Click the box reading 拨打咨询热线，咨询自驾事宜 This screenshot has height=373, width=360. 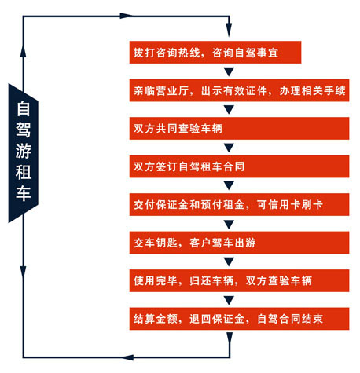coord(215,53)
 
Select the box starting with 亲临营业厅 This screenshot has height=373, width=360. coord(239,90)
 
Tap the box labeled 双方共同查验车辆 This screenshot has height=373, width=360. coord(239,128)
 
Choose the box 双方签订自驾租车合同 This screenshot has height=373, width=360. coord(239,166)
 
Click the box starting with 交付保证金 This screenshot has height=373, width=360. coord(239,204)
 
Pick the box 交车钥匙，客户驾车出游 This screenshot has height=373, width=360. coord(239,243)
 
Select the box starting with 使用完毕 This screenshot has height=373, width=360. coord(239,280)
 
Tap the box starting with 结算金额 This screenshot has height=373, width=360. coord(239,319)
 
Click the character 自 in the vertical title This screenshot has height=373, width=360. coord(24,108)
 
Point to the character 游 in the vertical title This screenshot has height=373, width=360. coord(24,151)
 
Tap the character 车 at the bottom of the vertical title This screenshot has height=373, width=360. coord(24,194)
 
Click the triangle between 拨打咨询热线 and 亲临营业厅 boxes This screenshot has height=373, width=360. coord(229,71)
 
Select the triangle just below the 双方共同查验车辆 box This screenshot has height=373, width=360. coord(229,148)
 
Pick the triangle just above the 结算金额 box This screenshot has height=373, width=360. coord(229,300)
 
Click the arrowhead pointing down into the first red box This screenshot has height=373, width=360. coord(229,30)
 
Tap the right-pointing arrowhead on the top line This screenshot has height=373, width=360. coord(126,16)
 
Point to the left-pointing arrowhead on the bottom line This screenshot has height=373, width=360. coord(127,357)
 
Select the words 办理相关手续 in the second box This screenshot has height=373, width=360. coord(312,90)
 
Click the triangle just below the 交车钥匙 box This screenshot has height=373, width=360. coord(229,261)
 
